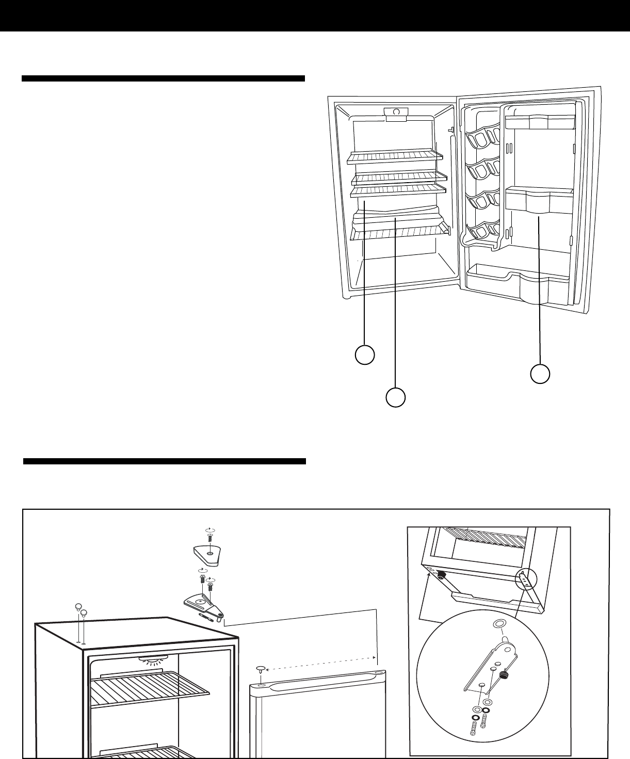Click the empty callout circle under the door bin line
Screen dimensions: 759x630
coord(540,374)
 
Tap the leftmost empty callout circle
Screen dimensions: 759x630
coord(365,355)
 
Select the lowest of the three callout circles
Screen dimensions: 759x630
coord(395,398)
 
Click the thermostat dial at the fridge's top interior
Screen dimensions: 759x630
coord(396,112)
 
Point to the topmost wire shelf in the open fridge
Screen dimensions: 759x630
coord(395,156)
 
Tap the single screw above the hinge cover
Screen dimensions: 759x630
coord(209,537)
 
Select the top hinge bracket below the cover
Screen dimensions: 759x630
coord(204,601)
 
